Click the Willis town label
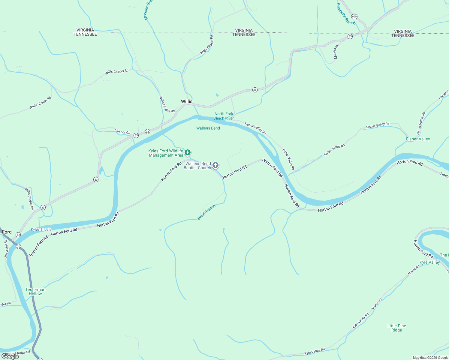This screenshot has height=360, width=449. point(186,101)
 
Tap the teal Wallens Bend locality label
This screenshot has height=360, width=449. point(208,128)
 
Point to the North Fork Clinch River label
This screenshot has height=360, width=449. point(224,116)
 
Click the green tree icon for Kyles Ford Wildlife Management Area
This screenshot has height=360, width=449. point(188,153)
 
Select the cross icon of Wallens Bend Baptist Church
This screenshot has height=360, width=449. point(215,165)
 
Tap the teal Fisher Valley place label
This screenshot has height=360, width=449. point(418,139)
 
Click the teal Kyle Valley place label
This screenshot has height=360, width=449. point(429,262)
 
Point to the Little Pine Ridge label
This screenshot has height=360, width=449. point(396,328)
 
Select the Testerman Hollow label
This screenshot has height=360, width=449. point(35,292)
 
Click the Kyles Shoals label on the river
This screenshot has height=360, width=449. point(41,229)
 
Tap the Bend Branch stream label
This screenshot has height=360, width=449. point(206,212)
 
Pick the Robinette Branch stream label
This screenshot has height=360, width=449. point(345,14)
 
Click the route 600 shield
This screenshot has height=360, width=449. point(354,16)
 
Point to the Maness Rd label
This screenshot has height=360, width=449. point(336,52)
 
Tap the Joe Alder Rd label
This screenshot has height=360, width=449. point(6,249)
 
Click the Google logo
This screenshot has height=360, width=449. point(10,356)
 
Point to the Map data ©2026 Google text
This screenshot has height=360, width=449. point(430,358)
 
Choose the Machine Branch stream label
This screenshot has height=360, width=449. point(148,10)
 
